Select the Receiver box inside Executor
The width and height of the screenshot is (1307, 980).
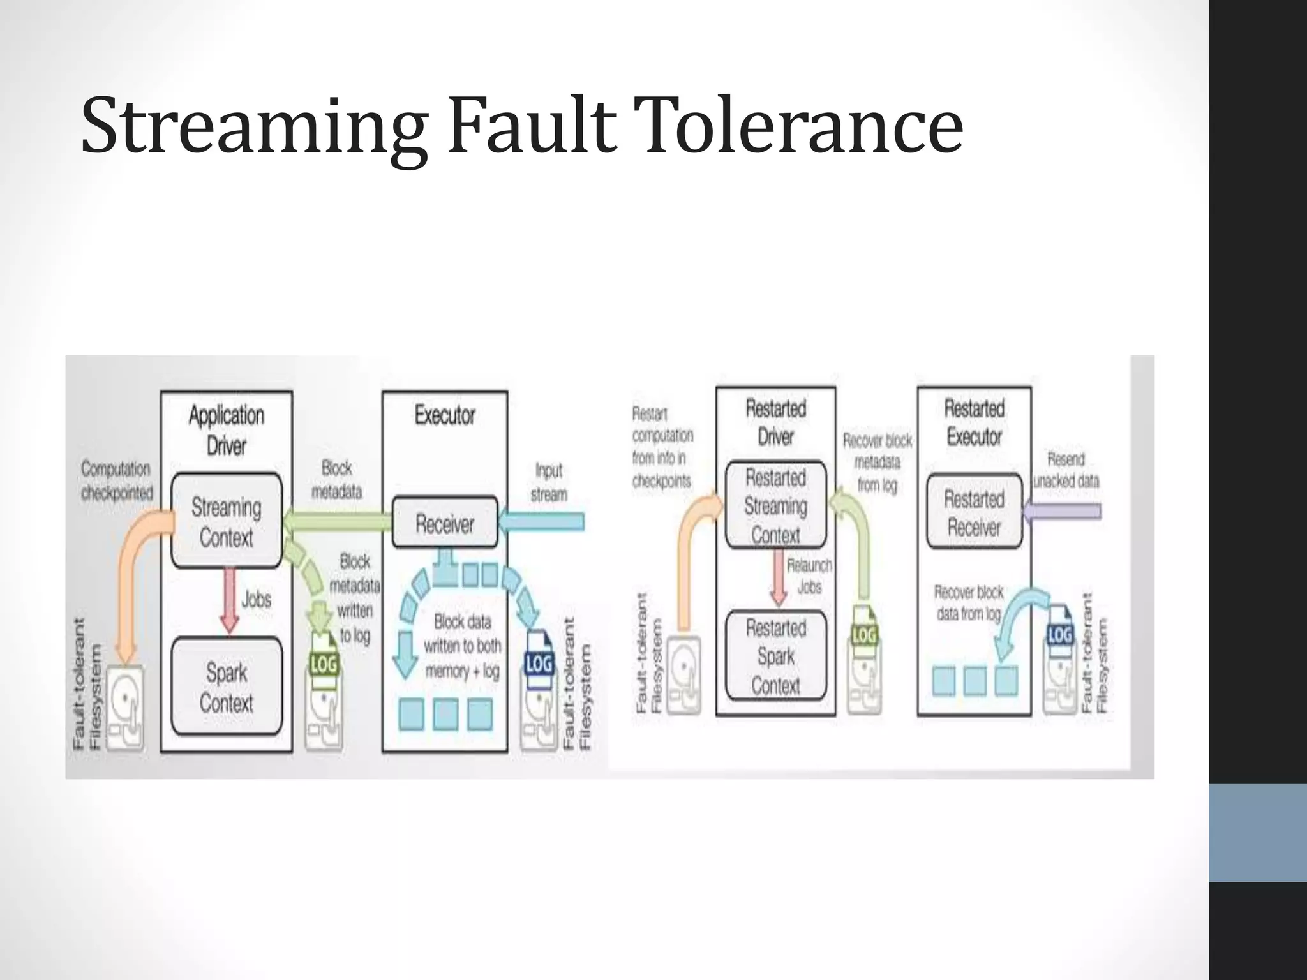(x=445, y=523)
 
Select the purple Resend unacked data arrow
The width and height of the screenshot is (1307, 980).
(x=1063, y=511)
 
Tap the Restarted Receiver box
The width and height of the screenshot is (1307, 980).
(x=974, y=512)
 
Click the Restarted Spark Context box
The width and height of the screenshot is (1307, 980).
(x=775, y=656)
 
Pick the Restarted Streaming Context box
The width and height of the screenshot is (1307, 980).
(x=775, y=505)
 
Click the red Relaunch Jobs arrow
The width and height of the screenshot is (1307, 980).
(x=777, y=577)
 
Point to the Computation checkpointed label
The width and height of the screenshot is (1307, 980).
(x=117, y=480)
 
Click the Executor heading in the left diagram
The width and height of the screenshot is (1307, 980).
(x=445, y=415)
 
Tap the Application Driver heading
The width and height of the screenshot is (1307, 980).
(x=227, y=429)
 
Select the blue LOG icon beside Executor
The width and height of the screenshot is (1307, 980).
(x=538, y=664)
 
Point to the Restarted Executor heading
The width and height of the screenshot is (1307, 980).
(x=974, y=422)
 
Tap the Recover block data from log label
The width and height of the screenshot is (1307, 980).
(x=969, y=602)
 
